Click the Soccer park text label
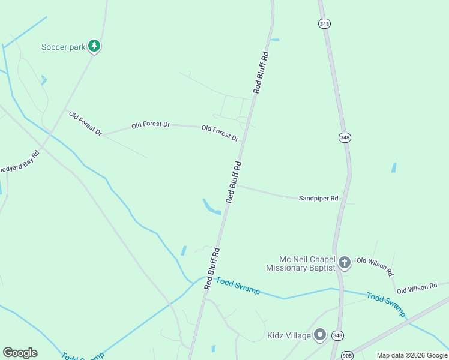(x=62, y=47)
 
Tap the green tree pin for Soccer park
(x=94, y=46)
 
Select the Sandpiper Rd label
(x=318, y=198)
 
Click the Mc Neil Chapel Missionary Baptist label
(x=300, y=263)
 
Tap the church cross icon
(x=345, y=262)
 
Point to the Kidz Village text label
(x=289, y=335)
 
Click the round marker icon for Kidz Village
(x=321, y=335)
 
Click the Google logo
(x=20, y=353)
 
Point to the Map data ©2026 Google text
(x=412, y=355)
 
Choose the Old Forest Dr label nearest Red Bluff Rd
(x=220, y=133)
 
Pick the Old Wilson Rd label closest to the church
(x=375, y=266)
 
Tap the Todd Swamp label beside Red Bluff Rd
(x=238, y=286)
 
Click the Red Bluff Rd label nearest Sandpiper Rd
(x=234, y=181)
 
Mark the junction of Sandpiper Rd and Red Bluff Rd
(x=236, y=185)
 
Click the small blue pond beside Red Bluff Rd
(x=211, y=208)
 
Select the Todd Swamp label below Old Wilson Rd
(x=386, y=305)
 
